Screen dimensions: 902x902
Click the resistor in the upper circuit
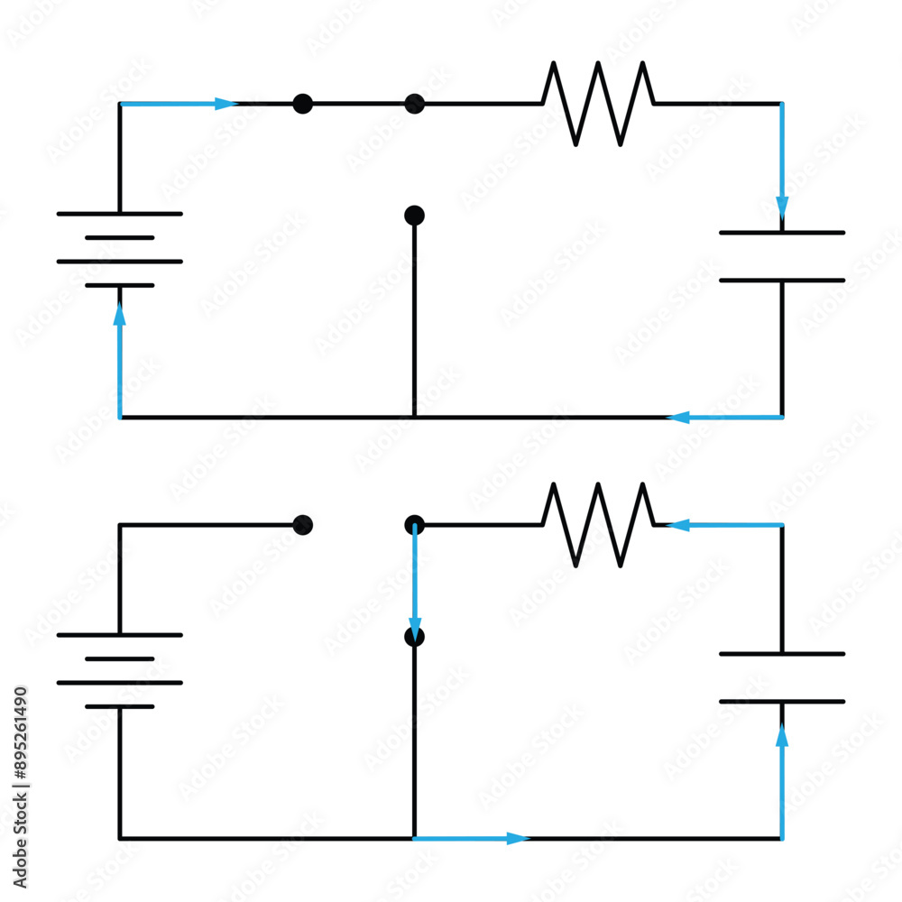click(x=598, y=103)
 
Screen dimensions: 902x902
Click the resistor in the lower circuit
click(x=598, y=524)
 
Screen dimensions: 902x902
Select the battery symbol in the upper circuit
click(x=119, y=250)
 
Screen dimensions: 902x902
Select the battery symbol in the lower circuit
click(x=119, y=671)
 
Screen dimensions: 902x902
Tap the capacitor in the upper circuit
click(x=782, y=256)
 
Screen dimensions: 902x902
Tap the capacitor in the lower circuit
click(x=782, y=677)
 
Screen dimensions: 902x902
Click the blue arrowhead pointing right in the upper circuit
click(x=225, y=104)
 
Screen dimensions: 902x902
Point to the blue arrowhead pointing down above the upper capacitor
click(x=782, y=207)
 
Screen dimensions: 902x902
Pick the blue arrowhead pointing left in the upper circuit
click(x=678, y=417)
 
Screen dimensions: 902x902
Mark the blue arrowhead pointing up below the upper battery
click(x=119, y=315)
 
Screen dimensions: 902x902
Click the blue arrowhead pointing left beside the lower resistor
click(x=678, y=525)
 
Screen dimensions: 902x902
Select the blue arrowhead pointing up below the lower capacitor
click(x=782, y=736)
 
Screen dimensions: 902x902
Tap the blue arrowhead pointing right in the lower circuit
click(x=517, y=839)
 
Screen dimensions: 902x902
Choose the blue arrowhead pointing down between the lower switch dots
click(x=415, y=627)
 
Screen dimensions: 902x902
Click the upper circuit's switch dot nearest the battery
click(x=303, y=104)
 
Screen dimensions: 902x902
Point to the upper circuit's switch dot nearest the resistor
click(x=414, y=104)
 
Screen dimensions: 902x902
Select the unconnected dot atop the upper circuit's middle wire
click(x=414, y=215)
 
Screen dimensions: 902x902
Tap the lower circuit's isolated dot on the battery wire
click(x=303, y=525)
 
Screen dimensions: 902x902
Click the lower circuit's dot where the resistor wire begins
click(x=414, y=524)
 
